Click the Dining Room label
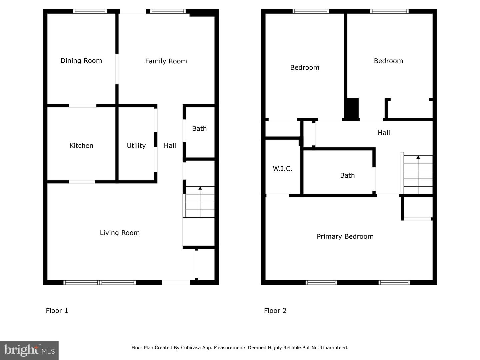81,61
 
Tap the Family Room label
166,61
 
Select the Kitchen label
81,146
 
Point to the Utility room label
136,146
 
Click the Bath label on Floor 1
199,129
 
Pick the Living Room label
120,233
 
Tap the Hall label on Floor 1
170,146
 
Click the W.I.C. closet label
282,169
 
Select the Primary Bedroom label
345,236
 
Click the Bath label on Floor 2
347,175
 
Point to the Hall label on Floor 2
384,133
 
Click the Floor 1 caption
57,311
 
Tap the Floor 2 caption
275,311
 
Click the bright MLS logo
29,350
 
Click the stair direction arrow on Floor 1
200,189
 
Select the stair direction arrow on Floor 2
418,157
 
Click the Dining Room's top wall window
90,11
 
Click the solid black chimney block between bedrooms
351,109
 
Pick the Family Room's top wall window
168,11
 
